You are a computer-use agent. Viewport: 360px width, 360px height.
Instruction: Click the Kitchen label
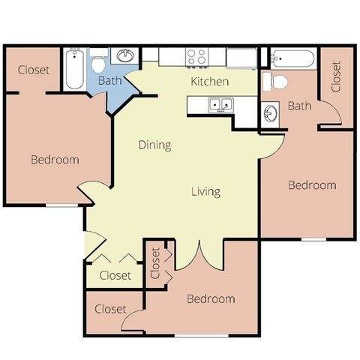click(209, 82)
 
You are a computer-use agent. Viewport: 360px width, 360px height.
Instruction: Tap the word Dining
click(155, 145)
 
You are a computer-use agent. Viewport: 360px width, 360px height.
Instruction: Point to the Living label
click(205, 192)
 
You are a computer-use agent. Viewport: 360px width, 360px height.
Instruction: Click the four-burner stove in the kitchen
click(197, 57)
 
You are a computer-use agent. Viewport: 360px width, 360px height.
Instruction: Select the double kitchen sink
click(221, 105)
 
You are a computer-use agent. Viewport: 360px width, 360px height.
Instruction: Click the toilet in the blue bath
click(98, 61)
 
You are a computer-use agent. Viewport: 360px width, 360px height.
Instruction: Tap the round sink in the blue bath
click(125, 56)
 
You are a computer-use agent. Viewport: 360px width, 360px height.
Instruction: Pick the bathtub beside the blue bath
click(74, 69)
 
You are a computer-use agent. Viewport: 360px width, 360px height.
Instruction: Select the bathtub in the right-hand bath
click(292, 58)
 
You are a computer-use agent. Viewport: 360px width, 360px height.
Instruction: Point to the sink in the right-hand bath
click(270, 114)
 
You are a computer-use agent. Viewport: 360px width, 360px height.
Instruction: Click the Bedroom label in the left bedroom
click(55, 160)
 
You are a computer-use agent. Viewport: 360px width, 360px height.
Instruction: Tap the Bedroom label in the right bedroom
click(312, 185)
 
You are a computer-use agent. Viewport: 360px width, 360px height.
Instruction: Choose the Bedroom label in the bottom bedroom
click(211, 299)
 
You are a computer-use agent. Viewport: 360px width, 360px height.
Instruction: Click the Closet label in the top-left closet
click(34, 70)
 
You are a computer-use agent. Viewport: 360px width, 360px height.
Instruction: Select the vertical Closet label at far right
click(336, 76)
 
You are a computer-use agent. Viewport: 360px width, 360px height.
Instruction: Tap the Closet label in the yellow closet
click(115, 275)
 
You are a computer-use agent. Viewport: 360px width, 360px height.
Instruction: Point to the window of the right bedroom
click(313, 239)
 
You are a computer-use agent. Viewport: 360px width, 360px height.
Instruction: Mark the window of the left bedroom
click(61, 205)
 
